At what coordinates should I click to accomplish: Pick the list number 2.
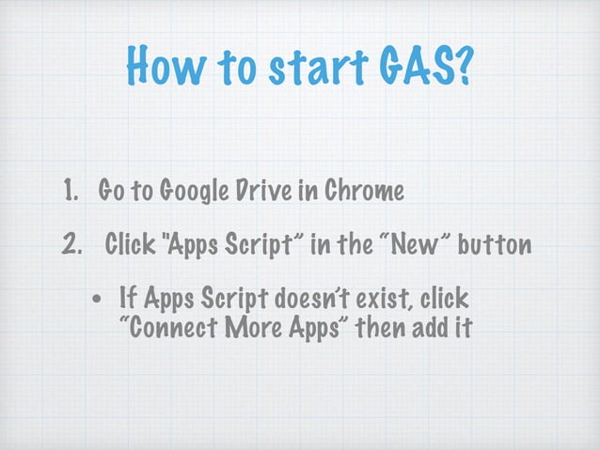pyautogui.click(x=71, y=246)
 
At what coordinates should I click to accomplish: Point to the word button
pyautogui.click(x=496, y=246)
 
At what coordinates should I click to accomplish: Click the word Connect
pyautogui.click(x=169, y=331)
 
